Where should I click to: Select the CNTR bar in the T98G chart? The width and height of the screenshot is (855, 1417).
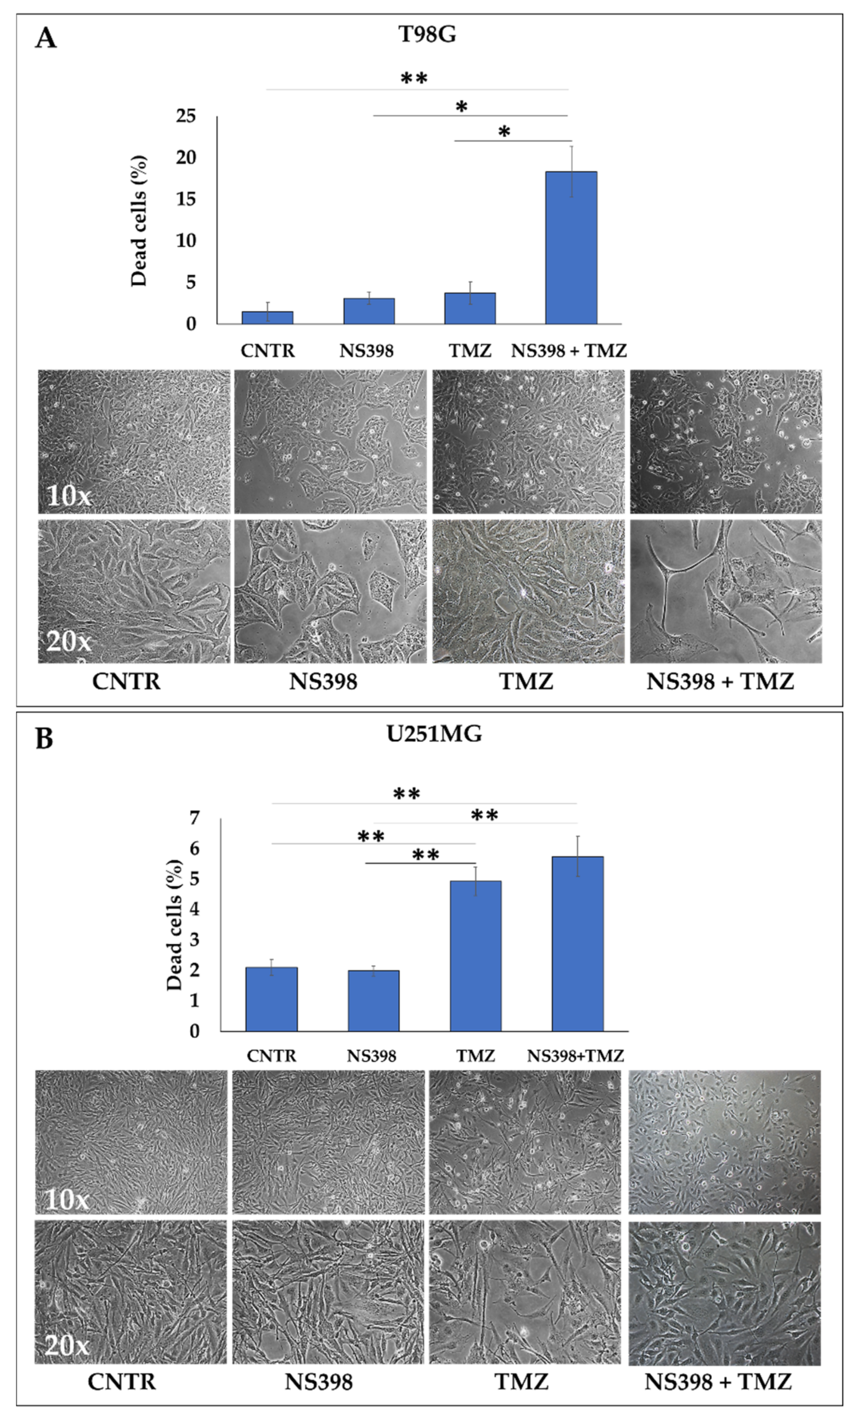(267, 317)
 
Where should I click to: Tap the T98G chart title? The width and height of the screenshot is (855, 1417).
(427, 35)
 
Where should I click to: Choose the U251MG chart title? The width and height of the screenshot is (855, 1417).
(434, 734)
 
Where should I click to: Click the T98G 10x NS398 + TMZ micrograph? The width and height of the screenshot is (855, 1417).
(725, 442)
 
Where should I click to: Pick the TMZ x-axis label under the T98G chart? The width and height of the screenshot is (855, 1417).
(470, 350)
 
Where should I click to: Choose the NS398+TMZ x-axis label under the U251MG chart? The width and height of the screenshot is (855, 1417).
(575, 1056)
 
